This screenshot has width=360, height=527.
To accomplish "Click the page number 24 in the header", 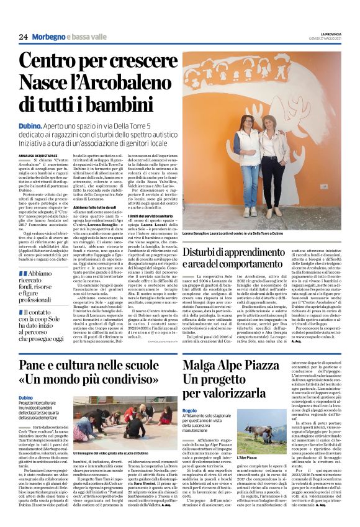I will coord(24,37).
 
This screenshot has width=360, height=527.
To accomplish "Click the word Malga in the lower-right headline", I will coord(202,364).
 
